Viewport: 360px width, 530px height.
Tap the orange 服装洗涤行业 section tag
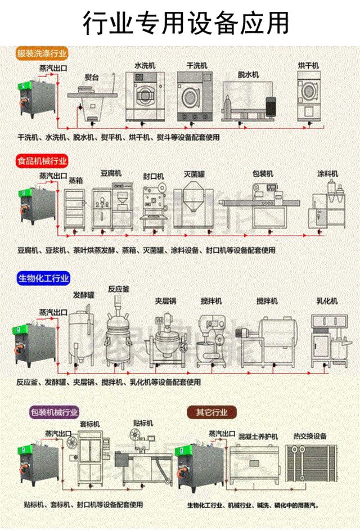42,54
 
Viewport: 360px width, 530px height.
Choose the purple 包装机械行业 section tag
54,412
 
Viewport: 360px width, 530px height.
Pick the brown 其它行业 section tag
211,412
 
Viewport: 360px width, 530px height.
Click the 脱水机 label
247,74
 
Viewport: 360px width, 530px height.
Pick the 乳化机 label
327,302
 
